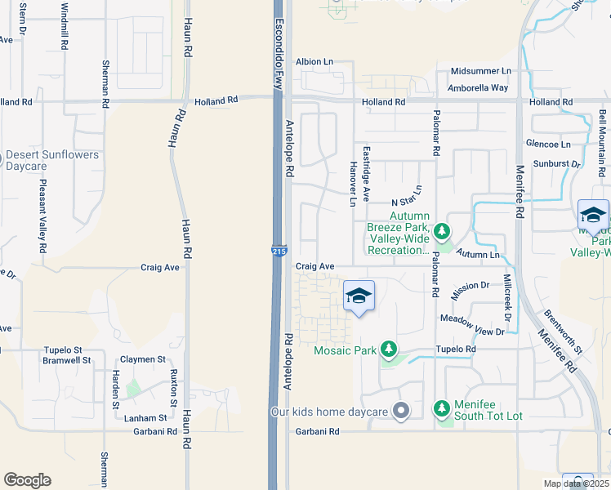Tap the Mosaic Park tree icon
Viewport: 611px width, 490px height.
click(x=390, y=350)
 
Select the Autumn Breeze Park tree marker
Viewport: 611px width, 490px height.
click(x=442, y=232)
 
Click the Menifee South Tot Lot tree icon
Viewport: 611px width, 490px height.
click(x=442, y=407)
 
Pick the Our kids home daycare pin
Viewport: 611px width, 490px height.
click(x=400, y=411)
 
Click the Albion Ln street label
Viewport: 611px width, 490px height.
click(x=314, y=61)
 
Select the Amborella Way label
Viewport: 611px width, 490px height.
click(x=479, y=87)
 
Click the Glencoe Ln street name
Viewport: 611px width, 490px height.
click(x=548, y=144)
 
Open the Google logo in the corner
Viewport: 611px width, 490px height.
click(x=27, y=480)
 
